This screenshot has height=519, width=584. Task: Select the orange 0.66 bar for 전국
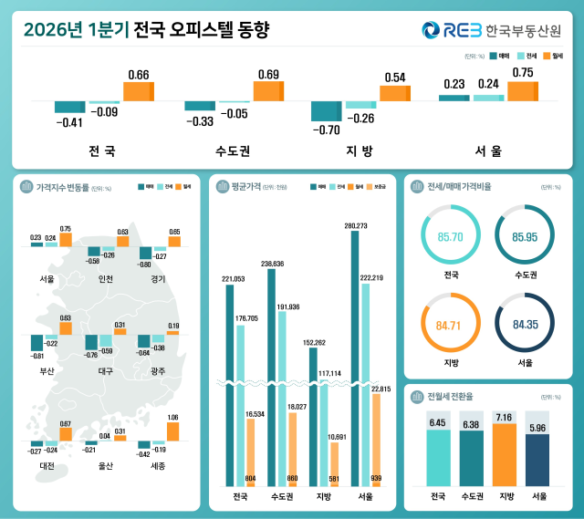(139, 91)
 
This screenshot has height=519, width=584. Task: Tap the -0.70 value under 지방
(326, 130)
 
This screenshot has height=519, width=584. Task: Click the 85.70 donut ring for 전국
(449, 236)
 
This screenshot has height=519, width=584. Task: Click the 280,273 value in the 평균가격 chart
(355, 225)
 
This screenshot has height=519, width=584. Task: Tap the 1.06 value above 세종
(172, 418)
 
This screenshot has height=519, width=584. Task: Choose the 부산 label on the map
(47, 371)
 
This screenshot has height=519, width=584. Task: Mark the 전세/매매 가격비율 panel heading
(459, 188)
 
